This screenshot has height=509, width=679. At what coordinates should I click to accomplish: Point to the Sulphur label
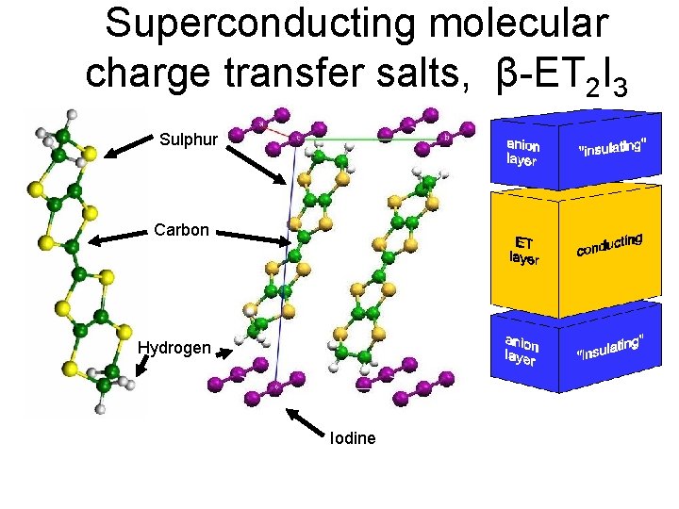[189, 140]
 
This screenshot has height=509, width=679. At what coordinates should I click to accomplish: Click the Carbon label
[181, 230]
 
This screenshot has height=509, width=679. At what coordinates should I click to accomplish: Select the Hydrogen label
[174, 348]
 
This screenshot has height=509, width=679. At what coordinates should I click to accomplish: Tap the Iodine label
[353, 438]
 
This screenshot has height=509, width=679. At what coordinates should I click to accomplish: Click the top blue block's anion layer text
[523, 153]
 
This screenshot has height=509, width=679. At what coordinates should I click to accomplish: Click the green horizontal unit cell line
[377, 139]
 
